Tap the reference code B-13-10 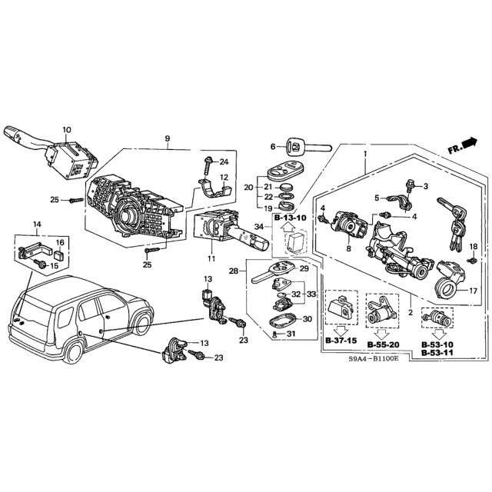pos(290,218)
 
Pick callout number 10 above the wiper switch pos(66,130)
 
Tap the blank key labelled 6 pos(304,146)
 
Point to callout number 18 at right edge pos(474,246)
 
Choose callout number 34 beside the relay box pos(259,226)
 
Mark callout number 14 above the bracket pos(35,224)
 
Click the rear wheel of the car pos(76,352)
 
